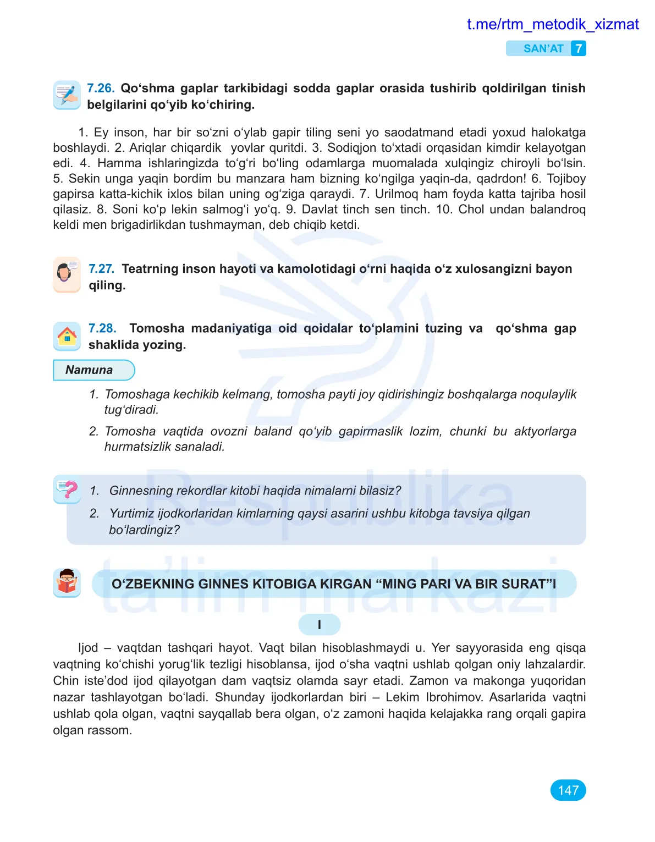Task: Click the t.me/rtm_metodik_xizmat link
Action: (x=552, y=25)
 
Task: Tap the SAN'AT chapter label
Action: (x=543, y=49)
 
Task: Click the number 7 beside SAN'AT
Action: (x=578, y=49)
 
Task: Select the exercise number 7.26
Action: (x=101, y=89)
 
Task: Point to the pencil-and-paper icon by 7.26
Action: (x=67, y=95)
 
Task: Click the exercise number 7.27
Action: (x=101, y=269)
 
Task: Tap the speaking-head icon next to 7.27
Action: (x=67, y=274)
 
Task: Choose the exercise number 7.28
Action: (x=102, y=328)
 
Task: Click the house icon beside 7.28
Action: (x=67, y=335)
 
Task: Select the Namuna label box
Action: (x=93, y=370)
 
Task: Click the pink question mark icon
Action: (x=67, y=489)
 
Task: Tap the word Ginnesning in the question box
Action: (x=140, y=491)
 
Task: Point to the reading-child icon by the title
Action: (x=67, y=582)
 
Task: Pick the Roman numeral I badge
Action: (x=319, y=625)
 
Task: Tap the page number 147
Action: (x=568, y=790)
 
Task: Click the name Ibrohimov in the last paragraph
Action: (x=454, y=697)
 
